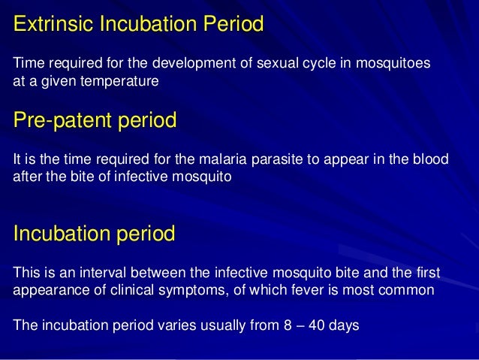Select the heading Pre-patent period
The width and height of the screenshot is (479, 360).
coord(95,120)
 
